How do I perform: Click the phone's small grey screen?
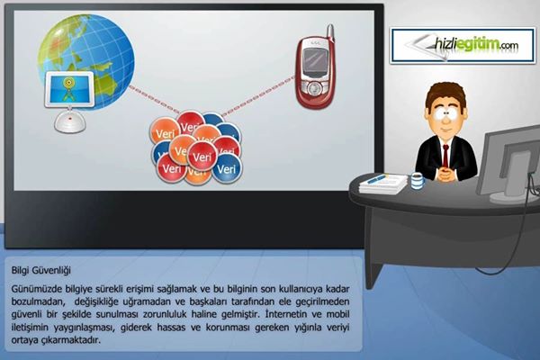click(x=314, y=59)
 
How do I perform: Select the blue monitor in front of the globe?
click(x=69, y=90)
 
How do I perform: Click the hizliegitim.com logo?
click(x=463, y=46)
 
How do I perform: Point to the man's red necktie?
click(x=445, y=157)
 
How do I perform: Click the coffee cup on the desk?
click(x=417, y=181)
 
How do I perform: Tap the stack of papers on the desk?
click(x=383, y=184)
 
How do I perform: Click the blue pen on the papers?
click(x=376, y=178)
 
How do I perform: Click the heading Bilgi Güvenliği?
click(x=41, y=270)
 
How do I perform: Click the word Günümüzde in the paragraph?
click(x=37, y=289)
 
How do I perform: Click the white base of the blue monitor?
click(x=70, y=121)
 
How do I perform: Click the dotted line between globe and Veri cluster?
click(x=154, y=99)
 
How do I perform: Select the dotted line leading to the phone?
click(x=258, y=96)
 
